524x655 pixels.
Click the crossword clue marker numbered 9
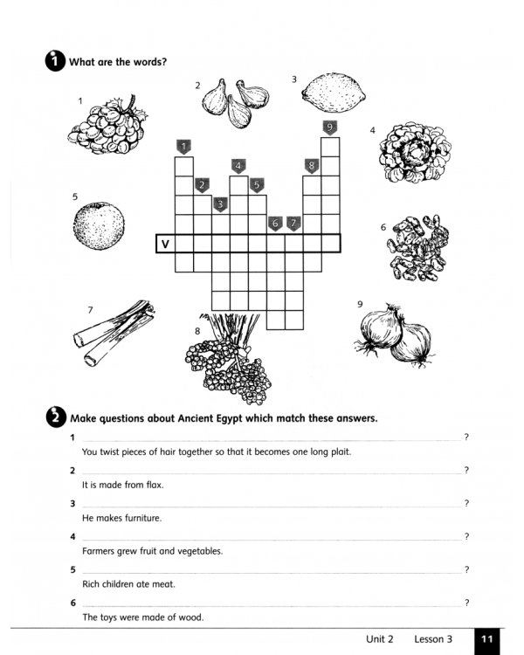coord(329,128)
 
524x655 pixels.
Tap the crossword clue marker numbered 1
coord(183,146)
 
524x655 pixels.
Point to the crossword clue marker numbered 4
coord(238,165)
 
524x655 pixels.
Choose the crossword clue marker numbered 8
coord(311,165)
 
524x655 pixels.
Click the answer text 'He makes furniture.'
coord(121,518)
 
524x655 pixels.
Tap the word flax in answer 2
coord(154,485)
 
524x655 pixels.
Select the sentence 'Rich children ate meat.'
coord(129,584)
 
